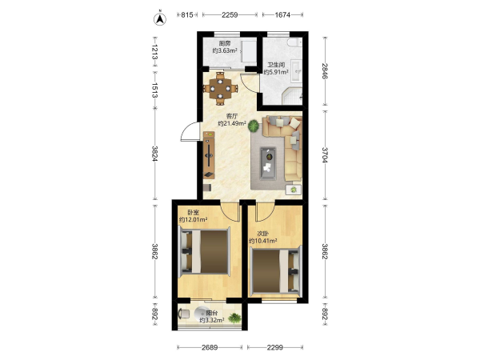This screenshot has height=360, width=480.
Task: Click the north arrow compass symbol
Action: pyautogui.click(x=160, y=18)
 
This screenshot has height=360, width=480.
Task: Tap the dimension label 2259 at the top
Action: pyautogui.click(x=230, y=14)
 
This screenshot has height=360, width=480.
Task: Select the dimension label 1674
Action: pyautogui.click(x=282, y=14)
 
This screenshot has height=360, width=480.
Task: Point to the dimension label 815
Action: pyautogui.click(x=187, y=14)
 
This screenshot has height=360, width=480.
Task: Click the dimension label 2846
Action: pyautogui.click(x=325, y=71)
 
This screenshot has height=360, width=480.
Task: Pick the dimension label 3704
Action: pyautogui.click(x=325, y=155)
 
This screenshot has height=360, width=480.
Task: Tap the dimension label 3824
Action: pyautogui.click(x=155, y=154)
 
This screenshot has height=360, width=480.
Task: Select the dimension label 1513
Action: pyautogui.click(x=155, y=90)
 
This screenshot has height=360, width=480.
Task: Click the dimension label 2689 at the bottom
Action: pyautogui.click(x=210, y=347)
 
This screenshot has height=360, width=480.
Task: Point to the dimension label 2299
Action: pyautogui.click(x=275, y=347)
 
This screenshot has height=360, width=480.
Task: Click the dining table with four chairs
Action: pyautogui.click(x=221, y=89)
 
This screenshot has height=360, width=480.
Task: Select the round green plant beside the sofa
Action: pyautogui.click(x=254, y=126)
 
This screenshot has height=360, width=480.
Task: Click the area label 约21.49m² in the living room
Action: pyautogui.click(x=232, y=123)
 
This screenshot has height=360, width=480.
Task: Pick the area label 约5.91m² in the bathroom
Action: pyautogui.click(x=276, y=72)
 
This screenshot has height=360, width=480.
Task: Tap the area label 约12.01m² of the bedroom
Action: pyautogui.click(x=194, y=219)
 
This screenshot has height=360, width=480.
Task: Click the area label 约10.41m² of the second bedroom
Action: pyautogui.click(x=263, y=241)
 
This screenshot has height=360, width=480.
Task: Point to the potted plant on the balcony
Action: pyautogui.click(x=234, y=318)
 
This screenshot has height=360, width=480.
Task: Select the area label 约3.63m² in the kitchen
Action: pyautogui.click(x=225, y=50)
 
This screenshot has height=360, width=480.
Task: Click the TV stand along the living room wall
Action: pyautogui.click(x=209, y=155)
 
